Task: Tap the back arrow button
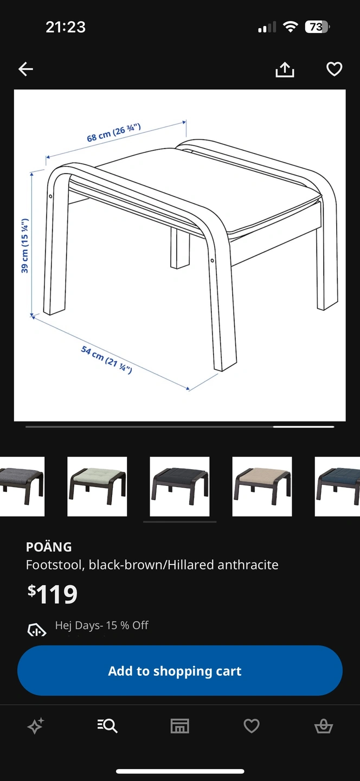(x=26, y=69)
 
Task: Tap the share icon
(x=285, y=69)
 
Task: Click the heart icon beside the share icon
(x=334, y=69)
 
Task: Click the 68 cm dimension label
(x=114, y=132)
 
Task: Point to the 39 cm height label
(x=25, y=246)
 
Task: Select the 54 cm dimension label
(x=106, y=359)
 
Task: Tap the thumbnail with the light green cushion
(x=97, y=486)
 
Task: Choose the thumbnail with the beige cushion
(x=262, y=486)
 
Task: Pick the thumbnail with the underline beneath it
(x=179, y=486)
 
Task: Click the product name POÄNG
(x=49, y=547)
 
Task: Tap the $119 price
(x=53, y=594)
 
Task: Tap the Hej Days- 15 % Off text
(x=102, y=625)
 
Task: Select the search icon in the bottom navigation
(x=107, y=726)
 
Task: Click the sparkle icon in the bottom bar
(x=36, y=726)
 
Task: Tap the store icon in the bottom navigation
(x=180, y=726)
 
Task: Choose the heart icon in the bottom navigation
(x=252, y=726)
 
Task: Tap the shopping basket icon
(x=324, y=726)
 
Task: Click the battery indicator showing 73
(x=317, y=27)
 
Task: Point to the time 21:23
(x=66, y=27)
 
